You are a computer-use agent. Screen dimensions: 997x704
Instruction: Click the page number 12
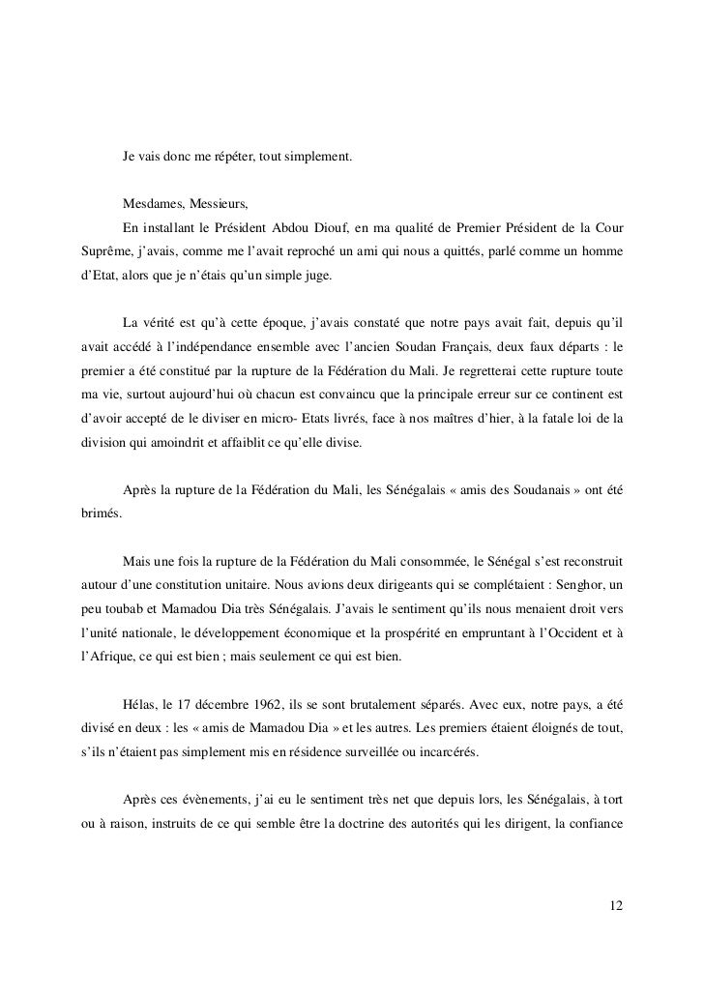[617, 906]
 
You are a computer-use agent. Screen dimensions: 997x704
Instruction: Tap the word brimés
[99, 516]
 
